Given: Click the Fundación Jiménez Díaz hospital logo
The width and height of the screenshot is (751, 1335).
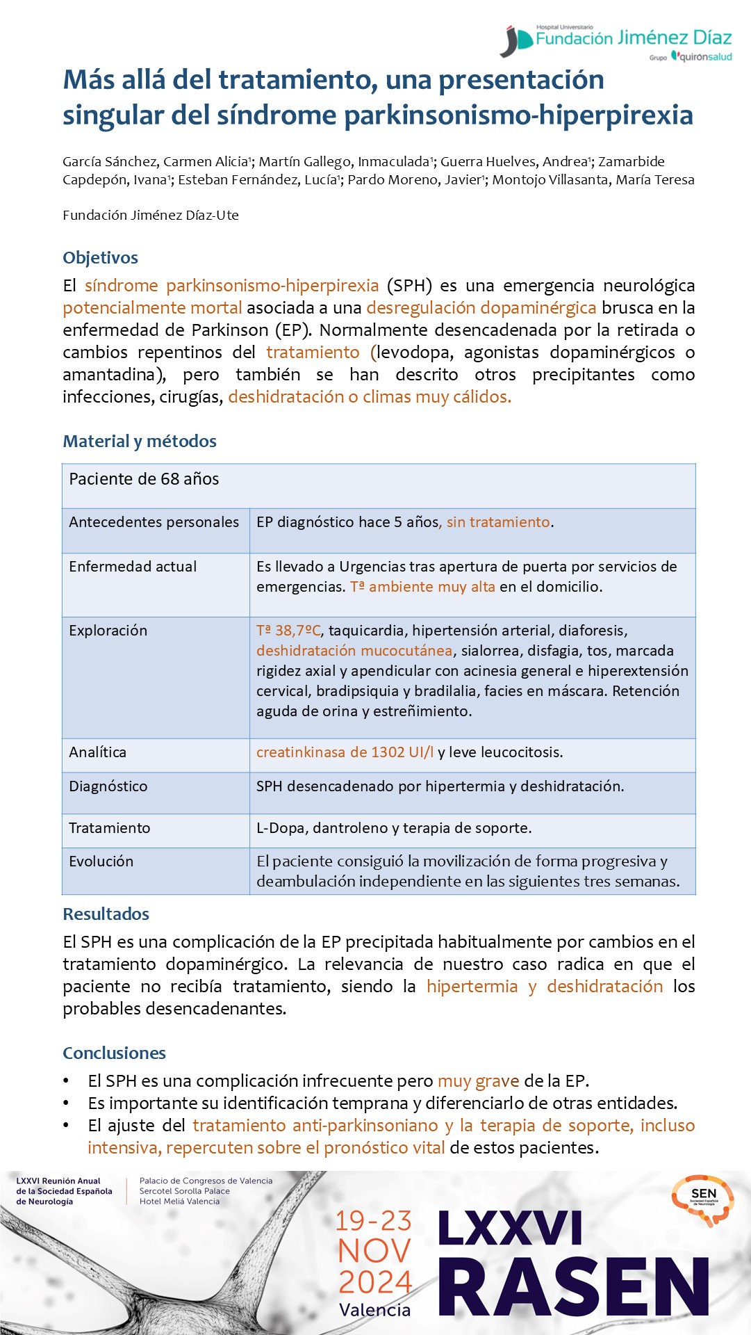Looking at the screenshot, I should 616,42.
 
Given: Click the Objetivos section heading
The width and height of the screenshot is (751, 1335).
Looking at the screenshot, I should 100,258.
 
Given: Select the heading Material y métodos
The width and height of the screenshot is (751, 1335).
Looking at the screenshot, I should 140,442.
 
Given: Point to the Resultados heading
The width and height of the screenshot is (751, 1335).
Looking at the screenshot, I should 106,914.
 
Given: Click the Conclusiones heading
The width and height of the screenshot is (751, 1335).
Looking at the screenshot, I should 114,1053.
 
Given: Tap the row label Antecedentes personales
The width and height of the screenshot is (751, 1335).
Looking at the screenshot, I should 154,522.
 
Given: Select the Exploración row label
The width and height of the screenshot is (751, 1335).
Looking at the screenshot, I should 108,631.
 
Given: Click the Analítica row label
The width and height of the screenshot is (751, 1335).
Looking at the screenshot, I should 97,752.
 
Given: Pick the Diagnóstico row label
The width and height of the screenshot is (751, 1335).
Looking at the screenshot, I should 108,786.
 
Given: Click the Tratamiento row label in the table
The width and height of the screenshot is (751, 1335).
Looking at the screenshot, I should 109,828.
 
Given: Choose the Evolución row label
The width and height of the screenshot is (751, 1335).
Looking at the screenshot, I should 101,861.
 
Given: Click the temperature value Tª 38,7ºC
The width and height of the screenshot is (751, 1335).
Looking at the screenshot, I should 288,631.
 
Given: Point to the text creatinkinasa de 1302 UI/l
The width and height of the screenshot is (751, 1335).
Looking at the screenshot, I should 345,752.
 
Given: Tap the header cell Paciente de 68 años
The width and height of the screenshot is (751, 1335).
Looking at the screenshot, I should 144,479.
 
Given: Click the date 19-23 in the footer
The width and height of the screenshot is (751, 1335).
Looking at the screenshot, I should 374,1221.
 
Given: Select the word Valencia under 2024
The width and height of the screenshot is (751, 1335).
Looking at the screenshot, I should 374,1310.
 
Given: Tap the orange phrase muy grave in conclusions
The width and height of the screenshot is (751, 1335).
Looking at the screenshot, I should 478,1081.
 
